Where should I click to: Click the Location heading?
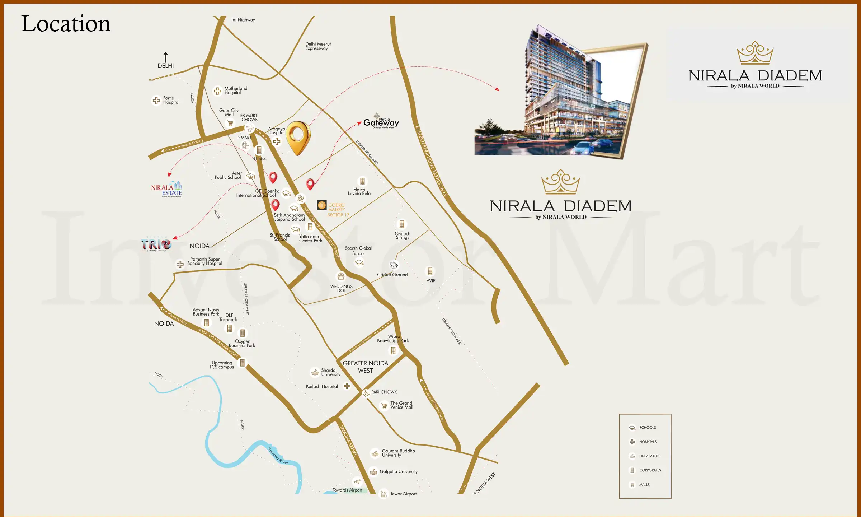pos(66,24)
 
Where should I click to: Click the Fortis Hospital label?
pos(171,100)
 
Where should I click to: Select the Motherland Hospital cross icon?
pos(217,91)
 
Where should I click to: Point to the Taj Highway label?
pos(243,20)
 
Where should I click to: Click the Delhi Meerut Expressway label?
pos(318,46)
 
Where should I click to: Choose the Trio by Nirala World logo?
pos(156,244)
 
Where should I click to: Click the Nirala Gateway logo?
pos(381,122)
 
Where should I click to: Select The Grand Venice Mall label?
pos(401,405)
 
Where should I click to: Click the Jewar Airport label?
pos(403,494)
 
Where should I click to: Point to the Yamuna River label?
pos(278,456)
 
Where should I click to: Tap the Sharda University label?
pos(330,372)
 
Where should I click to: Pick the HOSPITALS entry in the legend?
pos(648,442)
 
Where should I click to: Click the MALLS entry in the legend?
pos(644,485)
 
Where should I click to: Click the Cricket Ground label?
pos(392,275)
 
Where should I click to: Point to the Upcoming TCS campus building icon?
pos(243,363)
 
